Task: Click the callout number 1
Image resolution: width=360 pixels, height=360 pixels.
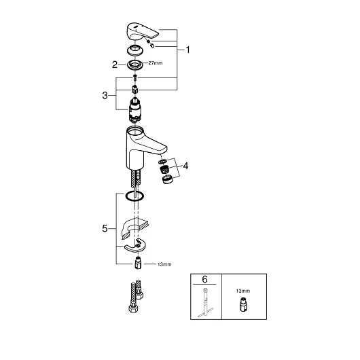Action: pos(187,50)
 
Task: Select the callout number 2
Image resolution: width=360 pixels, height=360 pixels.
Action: pos(115,65)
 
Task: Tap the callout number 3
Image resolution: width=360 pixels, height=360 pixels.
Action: pos(105,95)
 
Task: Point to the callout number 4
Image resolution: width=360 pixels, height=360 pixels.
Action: pos(185,166)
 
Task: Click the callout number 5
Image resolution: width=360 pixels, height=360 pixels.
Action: pos(105,228)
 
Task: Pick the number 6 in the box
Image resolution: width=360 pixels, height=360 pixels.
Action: pos(204,279)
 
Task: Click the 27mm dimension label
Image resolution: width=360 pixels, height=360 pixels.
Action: pos(156,63)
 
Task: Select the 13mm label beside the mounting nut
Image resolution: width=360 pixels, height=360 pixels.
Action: pos(164,264)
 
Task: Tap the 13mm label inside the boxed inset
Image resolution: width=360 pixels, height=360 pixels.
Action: pos(243,291)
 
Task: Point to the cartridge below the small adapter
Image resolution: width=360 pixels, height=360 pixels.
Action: pos(135,110)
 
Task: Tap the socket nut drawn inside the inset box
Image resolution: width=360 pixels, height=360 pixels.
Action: pos(243,304)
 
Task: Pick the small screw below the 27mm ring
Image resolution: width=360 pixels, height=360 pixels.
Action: pos(135,77)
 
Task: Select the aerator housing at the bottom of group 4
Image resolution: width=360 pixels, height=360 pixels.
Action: pos(167,179)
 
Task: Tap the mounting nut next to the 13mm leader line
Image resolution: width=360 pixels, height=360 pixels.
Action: pos(138,263)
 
